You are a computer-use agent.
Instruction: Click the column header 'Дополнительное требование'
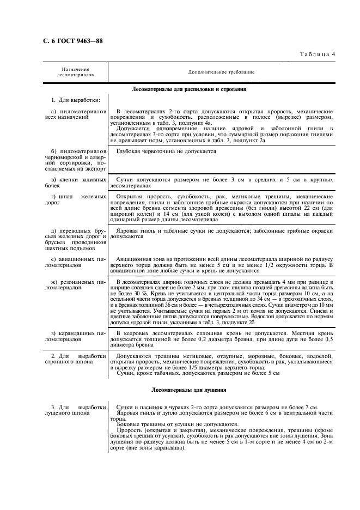click(221, 71)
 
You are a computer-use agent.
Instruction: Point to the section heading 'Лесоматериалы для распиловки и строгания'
click(189, 88)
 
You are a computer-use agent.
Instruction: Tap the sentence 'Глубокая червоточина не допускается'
click(167, 151)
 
